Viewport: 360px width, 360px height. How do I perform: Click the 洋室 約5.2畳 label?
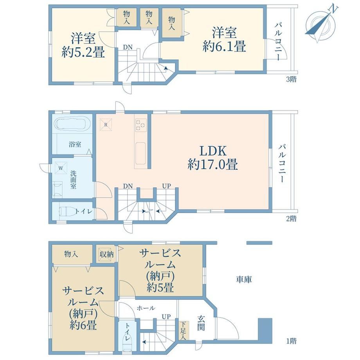tap(83, 45)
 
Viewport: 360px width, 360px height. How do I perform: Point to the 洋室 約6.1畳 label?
tap(224, 39)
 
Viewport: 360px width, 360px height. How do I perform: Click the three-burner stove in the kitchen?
tap(141, 125)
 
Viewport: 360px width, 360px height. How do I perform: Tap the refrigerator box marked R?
tap(106, 125)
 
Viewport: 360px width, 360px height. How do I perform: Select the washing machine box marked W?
tap(61, 168)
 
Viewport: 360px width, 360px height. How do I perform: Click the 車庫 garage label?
tap(244, 279)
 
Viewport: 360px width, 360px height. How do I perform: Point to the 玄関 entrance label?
tap(201, 323)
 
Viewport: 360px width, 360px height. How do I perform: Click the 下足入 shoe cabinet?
tap(184, 331)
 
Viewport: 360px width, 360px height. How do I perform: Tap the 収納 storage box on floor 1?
tap(106, 254)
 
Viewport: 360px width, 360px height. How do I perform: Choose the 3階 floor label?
tap(291, 79)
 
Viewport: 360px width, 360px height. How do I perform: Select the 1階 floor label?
tap(291, 341)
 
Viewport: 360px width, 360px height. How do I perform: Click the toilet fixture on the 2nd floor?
tap(67, 211)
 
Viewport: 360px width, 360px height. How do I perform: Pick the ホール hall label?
tap(146, 308)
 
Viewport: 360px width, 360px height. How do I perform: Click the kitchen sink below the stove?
tap(140, 153)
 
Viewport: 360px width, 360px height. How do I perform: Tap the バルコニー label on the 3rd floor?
tap(278, 41)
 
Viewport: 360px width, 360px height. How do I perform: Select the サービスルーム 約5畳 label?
tap(160, 271)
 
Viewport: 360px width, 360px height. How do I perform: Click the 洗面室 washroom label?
tap(73, 180)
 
